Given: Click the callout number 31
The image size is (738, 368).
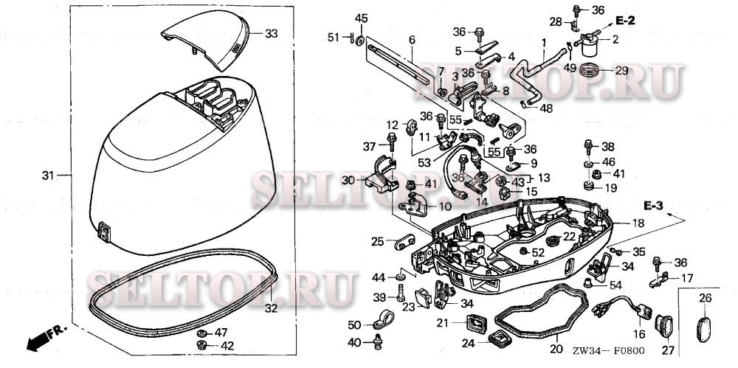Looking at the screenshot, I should [x=48, y=176].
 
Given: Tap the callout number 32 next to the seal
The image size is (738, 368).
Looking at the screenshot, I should [x=271, y=308].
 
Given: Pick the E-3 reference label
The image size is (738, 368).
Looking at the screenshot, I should [x=652, y=204].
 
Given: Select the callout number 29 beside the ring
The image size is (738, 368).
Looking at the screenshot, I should [x=621, y=71].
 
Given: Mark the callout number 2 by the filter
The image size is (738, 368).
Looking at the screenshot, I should [x=615, y=38].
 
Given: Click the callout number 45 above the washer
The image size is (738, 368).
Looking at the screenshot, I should [x=360, y=18].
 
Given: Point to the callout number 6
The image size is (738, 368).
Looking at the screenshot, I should [x=412, y=39].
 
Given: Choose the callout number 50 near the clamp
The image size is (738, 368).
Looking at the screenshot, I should [x=354, y=325].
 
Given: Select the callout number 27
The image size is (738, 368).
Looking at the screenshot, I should [x=669, y=350].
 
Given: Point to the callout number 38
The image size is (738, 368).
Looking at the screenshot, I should [x=607, y=146].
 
